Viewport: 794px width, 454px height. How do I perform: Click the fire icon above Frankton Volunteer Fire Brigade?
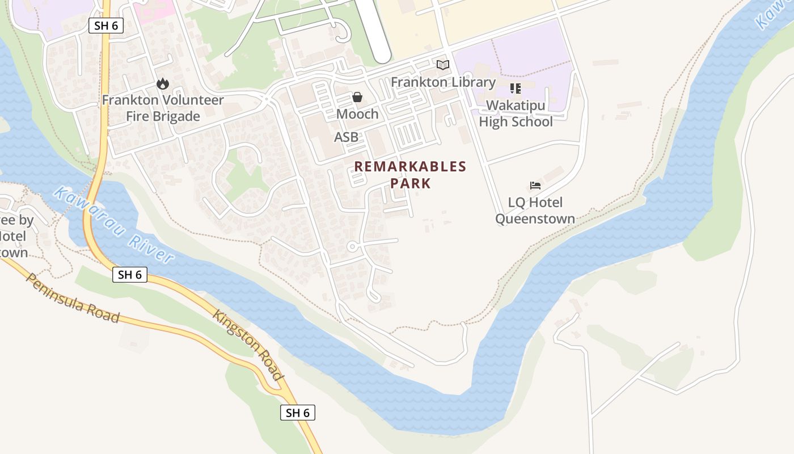[x=163, y=84]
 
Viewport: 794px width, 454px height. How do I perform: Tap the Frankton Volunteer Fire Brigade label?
[x=163, y=108]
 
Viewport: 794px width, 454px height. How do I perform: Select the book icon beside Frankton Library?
[x=443, y=65]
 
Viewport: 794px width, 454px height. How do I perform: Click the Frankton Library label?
[x=443, y=82]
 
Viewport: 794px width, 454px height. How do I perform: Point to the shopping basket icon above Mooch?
[x=357, y=97]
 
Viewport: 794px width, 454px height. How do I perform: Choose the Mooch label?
[x=357, y=114]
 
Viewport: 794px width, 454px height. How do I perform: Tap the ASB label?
[x=346, y=137]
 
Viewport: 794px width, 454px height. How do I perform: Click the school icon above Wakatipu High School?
[x=516, y=89]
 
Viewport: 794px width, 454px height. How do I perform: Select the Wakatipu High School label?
[x=516, y=113]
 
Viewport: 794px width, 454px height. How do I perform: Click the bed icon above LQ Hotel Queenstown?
[x=535, y=185]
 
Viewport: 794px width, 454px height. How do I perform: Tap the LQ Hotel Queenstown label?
[x=535, y=211]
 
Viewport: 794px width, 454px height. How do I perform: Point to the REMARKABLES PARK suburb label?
[x=410, y=175]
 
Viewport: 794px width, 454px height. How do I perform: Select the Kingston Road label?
[x=247, y=346]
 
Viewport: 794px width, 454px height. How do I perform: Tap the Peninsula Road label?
[x=73, y=299]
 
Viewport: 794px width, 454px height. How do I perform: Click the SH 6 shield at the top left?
[x=106, y=25]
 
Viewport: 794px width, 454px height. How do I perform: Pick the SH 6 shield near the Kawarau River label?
[x=130, y=275]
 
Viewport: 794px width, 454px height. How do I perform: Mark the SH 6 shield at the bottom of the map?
[x=298, y=413]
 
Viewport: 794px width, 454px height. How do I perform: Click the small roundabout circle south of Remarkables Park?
[x=352, y=246]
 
